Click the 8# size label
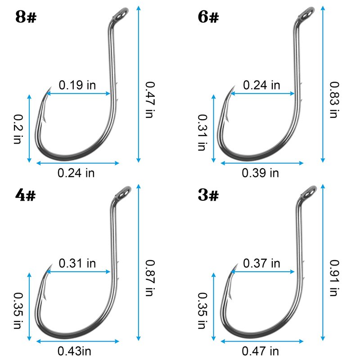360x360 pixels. (x=26, y=17)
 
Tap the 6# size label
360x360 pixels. (x=208, y=17)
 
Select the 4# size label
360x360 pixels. (x=26, y=195)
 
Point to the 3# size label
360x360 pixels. (x=208, y=195)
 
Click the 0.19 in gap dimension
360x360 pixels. (x=77, y=85)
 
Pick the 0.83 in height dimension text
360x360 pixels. (x=334, y=100)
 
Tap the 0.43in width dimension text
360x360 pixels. (x=74, y=351)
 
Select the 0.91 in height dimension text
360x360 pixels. (x=334, y=278)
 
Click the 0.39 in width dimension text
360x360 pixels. (x=261, y=173)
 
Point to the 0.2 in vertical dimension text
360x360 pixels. (x=18, y=129)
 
